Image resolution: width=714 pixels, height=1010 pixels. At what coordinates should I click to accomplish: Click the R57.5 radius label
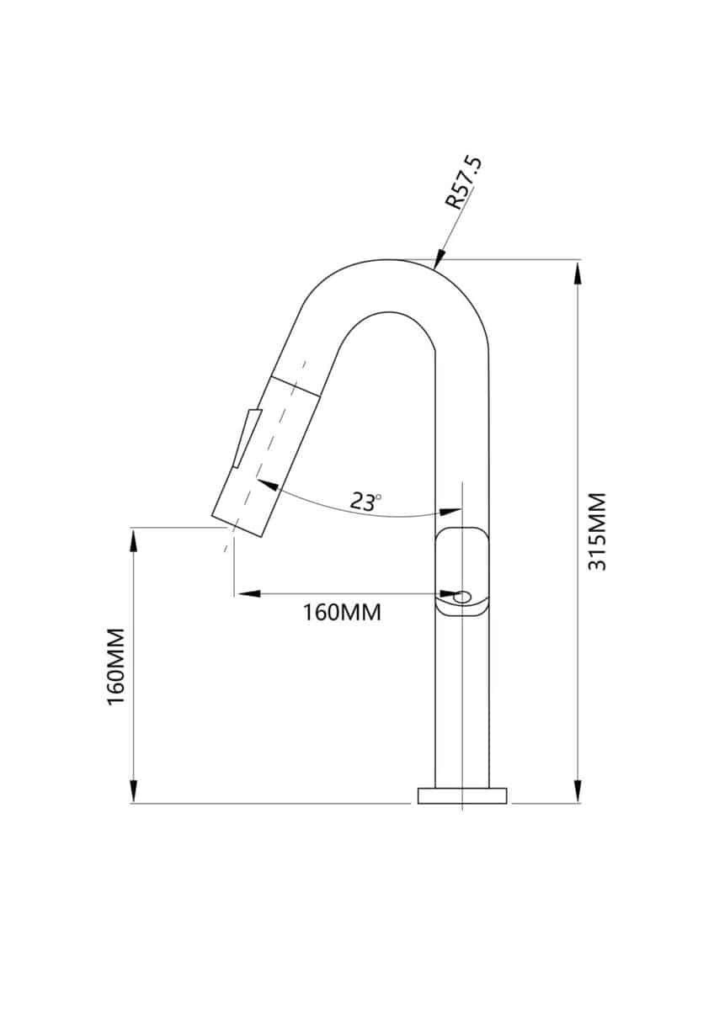coord(465,182)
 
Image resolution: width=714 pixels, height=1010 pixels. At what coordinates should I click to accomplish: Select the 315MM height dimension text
coord(597,531)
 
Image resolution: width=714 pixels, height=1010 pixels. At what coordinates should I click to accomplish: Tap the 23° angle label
coord(365,502)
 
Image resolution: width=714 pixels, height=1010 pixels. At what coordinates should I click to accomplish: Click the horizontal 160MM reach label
coord(342,612)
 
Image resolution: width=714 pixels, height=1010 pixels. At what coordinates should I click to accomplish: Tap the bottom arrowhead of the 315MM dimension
coord(578,791)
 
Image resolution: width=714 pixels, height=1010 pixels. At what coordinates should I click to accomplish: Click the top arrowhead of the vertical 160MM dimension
coord(132,539)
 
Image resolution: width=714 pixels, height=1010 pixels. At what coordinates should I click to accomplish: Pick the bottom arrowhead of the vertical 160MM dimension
coord(132,791)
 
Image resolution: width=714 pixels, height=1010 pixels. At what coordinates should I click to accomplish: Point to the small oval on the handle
coord(462,598)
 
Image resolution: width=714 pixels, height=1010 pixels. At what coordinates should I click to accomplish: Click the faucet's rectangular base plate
coord(462,795)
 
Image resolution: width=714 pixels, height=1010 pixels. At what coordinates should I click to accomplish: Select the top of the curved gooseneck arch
coord(387,261)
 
